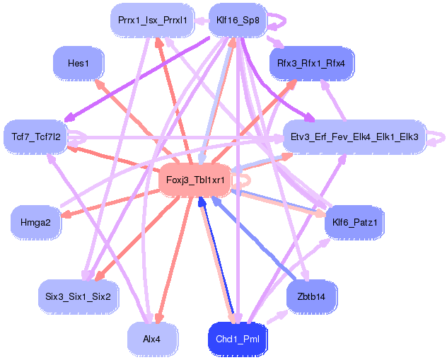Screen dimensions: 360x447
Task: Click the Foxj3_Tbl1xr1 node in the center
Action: click(x=195, y=180)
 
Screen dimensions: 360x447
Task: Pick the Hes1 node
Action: click(x=79, y=64)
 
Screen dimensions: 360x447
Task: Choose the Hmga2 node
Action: click(x=35, y=222)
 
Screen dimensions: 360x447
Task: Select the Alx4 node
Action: click(x=151, y=339)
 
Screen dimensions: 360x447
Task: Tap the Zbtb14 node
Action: click(x=311, y=296)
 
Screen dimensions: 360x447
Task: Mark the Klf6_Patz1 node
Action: click(x=354, y=223)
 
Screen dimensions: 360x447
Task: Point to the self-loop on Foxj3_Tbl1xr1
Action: click(x=243, y=181)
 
